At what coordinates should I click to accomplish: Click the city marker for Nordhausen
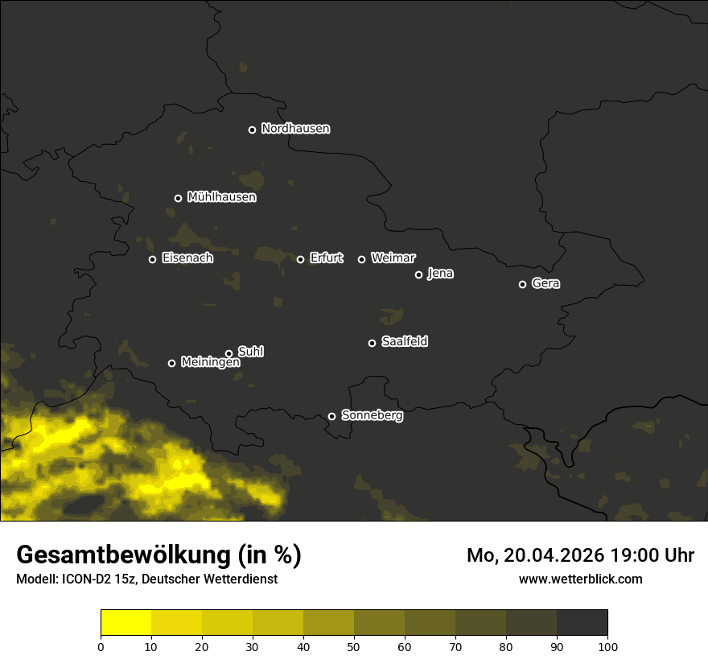pyautogui.click(x=252, y=130)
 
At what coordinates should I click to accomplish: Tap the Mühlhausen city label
pyautogui.click(x=221, y=197)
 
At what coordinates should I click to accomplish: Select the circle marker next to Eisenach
pyautogui.click(x=152, y=259)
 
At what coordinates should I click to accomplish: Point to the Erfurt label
pyautogui.click(x=326, y=258)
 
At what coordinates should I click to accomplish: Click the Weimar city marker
pyautogui.click(x=361, y=259)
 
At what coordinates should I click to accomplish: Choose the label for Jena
pyautogui.click(x=440, y=274)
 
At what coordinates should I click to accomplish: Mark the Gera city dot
pyautogui.click(x=522, y=284)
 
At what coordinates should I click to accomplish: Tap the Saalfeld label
pyautogui.click(x=404, y=342)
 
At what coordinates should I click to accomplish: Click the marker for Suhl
pyautogui.click(x=228, y=353)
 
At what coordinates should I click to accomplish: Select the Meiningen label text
pyautogui.click(x=210, y=363)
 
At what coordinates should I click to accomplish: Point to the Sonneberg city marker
pyautogui.click(x=331, y=416)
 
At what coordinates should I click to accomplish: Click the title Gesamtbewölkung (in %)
pyautogui.click(x=158, y=555)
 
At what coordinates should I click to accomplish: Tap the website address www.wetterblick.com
pyautogui.click(x=580, y=579)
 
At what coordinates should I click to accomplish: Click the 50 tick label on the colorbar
pyautogui.click(x=354, y=646)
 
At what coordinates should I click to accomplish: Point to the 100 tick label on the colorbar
pyautogui.click(x=607, y=646)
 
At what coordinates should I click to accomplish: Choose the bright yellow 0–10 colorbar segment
pyautogui.click(x=126, y=623)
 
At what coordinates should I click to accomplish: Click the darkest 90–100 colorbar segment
pyautogui.click(x=582, y=623)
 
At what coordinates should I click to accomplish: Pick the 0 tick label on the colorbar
pyautogui.click(x=101, y=646)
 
